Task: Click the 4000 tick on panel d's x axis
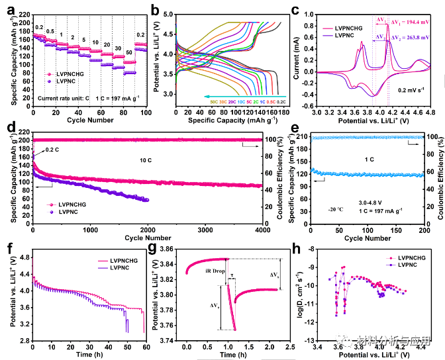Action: click(261, 228)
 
